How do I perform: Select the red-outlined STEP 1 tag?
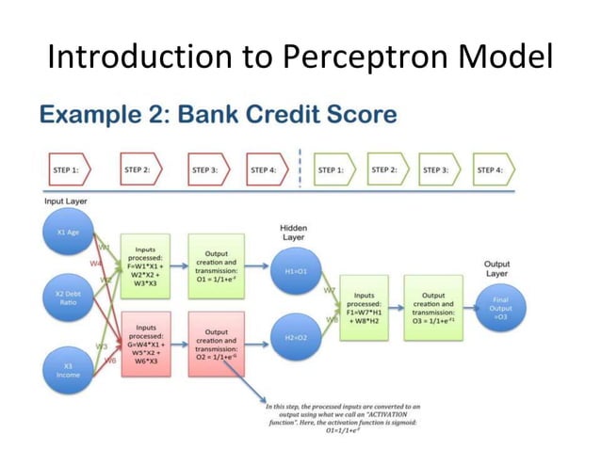pos(67,170)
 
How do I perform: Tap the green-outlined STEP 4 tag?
pos(493,169)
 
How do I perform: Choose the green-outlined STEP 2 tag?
pos(386,169)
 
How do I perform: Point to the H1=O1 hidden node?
pos(296,270)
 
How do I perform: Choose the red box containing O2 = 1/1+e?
pos(216,345)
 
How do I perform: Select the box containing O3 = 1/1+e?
pos(433,303)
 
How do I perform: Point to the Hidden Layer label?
pos(293,233)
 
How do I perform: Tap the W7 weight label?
pos(330,290)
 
